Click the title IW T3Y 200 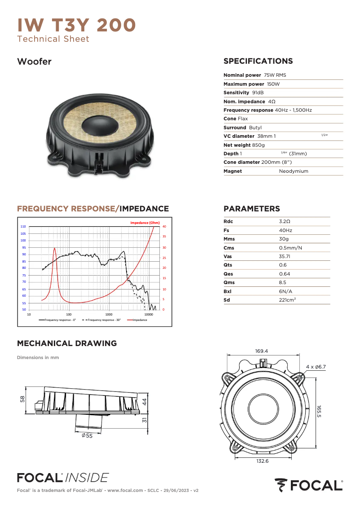(x=76, y=25)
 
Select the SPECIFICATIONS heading (x=258, y=61)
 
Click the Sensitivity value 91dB (x=258, y=92)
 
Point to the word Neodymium (x=294, y=171)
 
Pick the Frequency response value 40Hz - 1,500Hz (x=293, y=110)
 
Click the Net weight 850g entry (x=244, y=145)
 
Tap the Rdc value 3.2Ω (x=285, y=222)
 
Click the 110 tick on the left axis (x=23, y=227)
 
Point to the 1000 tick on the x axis (x=109, y=315)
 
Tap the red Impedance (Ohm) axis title (x=145, y=223)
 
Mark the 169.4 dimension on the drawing (x=261, y=351)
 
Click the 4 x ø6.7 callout (x=316, y=367)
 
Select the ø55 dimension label (x=87, y=435)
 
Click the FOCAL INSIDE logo (x=62, y=477)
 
